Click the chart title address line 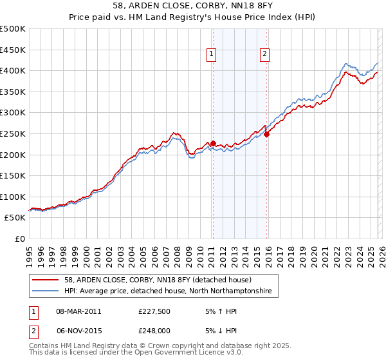coord(192,6)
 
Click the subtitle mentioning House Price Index coord(192,17)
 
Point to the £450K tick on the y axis coord(13,50)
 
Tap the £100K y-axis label coord(13,197)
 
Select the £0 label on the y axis coord(19,239)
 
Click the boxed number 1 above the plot coord(212,54)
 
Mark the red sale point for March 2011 coord(213,143)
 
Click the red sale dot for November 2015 coord(266,134)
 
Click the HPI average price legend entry coord(168,291)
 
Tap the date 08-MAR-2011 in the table coord(78,311)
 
